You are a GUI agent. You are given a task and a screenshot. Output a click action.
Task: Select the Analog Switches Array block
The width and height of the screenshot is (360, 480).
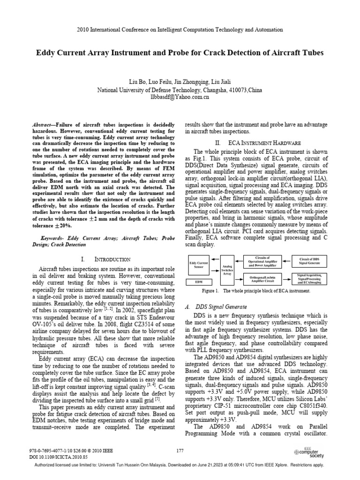227,270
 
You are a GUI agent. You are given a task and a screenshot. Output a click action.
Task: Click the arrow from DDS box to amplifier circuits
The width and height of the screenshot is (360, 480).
288,261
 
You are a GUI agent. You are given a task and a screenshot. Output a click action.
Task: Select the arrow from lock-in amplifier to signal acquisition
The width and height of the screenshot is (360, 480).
288,279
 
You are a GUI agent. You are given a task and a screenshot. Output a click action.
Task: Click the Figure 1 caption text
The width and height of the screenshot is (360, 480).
253,291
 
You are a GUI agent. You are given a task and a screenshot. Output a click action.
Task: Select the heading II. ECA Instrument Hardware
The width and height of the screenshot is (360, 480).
257,142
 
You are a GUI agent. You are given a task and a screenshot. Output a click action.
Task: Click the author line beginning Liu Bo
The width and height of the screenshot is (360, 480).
180,81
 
